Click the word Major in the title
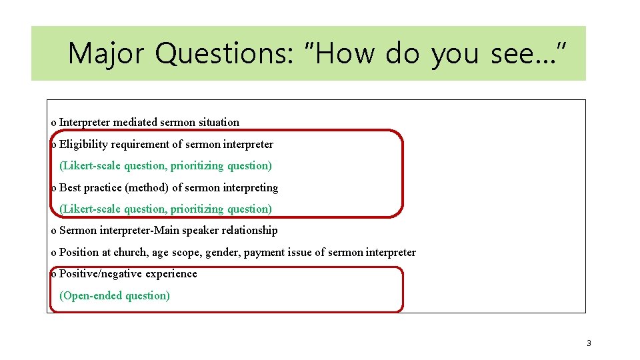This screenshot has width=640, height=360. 105,53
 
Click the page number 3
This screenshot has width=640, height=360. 589,343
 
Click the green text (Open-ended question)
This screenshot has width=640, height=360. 115,295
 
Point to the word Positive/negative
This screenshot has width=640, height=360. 100,274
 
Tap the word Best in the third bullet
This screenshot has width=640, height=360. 70,188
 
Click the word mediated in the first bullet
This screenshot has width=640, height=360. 135,123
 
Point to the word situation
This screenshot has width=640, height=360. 218,123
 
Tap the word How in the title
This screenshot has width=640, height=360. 343,53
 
